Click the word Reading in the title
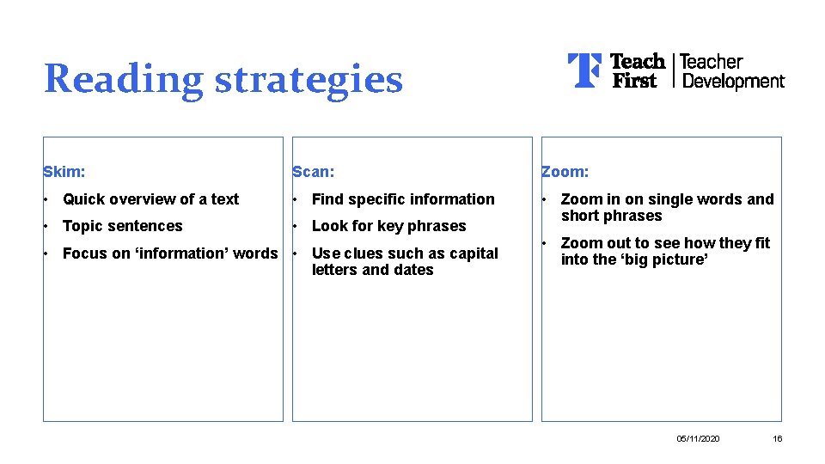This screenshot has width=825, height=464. [123, 79]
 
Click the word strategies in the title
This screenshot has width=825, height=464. [308, 79]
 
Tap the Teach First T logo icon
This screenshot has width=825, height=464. [584, 70]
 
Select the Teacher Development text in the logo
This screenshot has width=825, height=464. [732, 71]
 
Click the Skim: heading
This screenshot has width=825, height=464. [64, 172]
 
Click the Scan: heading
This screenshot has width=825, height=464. [314, 172]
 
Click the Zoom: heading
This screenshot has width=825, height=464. [565, 172]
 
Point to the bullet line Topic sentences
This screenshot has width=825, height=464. [123, 226]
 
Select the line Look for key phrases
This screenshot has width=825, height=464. [388, 226]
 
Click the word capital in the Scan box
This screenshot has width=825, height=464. [469, 253]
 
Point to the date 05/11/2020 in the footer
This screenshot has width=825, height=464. [699, 439]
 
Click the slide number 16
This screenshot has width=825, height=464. [778, 439]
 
